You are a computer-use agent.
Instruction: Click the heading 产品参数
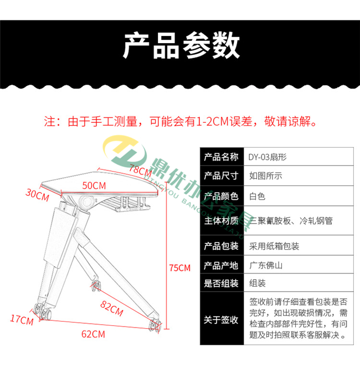click(180, 45)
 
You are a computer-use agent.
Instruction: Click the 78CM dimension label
click(140, 169)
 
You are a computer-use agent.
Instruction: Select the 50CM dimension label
click(95, 184)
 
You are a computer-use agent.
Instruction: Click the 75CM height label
click(179, 268)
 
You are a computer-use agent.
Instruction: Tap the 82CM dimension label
click(112, 306)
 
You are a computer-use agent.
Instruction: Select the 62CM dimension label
click(92, 334)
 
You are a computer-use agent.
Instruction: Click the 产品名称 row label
click(221, 157)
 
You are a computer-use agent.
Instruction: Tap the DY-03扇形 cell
click(268, 157)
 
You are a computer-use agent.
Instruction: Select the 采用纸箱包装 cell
click(274, 246)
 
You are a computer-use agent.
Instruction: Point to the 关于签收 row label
click(221, 320)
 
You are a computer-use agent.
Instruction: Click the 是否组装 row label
click(221, 284)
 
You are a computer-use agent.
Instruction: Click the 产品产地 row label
click(221, 265)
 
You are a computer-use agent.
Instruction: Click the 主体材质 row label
click(221, 221)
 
